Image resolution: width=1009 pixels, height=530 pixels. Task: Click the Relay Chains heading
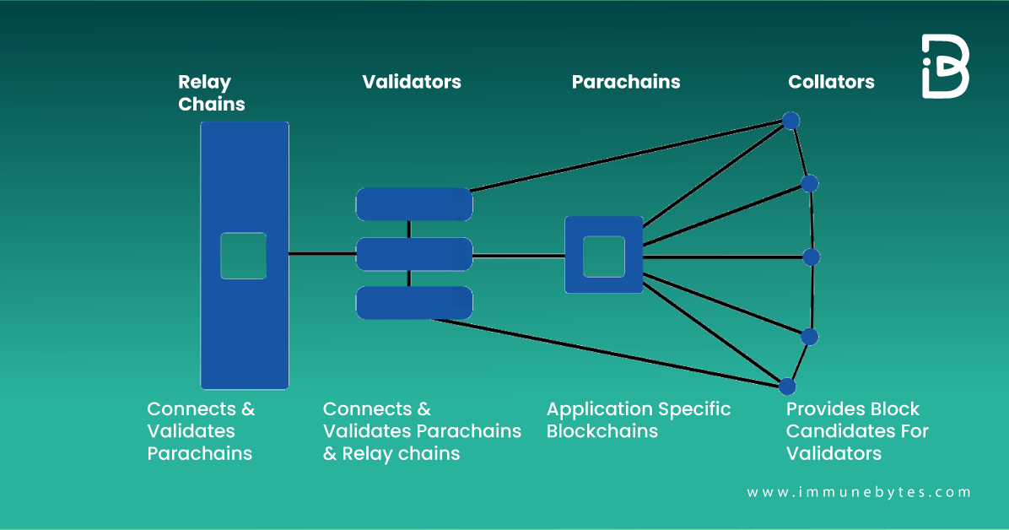[211, 93]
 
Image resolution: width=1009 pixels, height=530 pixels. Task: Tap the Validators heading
[412, 82]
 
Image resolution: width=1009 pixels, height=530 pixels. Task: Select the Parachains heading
[625, 82]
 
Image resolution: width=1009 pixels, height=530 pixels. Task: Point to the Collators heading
[831, 82]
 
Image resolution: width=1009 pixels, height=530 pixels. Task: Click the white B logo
[945, 67]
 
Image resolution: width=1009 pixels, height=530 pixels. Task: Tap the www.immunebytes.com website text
[859, 492]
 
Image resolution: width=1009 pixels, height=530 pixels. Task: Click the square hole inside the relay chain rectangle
[243, 255]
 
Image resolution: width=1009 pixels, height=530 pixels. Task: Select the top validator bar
[413, 204]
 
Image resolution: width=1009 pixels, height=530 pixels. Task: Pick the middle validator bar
[413, 254]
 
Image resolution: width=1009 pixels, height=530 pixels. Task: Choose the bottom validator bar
[413, 303]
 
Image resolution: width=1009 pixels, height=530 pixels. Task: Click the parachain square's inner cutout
[603, 256]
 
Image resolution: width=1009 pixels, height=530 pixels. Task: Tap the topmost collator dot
[790, 121]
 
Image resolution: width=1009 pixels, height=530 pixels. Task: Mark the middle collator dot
[812, 257]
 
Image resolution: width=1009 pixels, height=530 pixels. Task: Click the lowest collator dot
[787, 387]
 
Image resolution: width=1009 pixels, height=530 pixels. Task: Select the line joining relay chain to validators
[322, 254]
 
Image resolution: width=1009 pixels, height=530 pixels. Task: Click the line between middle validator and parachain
[518, 255]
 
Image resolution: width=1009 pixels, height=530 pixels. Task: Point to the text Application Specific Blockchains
[638, 419]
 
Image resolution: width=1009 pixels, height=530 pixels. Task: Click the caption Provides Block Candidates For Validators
[856, 431]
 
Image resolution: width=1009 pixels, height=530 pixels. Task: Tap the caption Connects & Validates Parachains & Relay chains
[421, 431]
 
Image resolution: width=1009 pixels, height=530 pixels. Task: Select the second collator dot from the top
[809, 183]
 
